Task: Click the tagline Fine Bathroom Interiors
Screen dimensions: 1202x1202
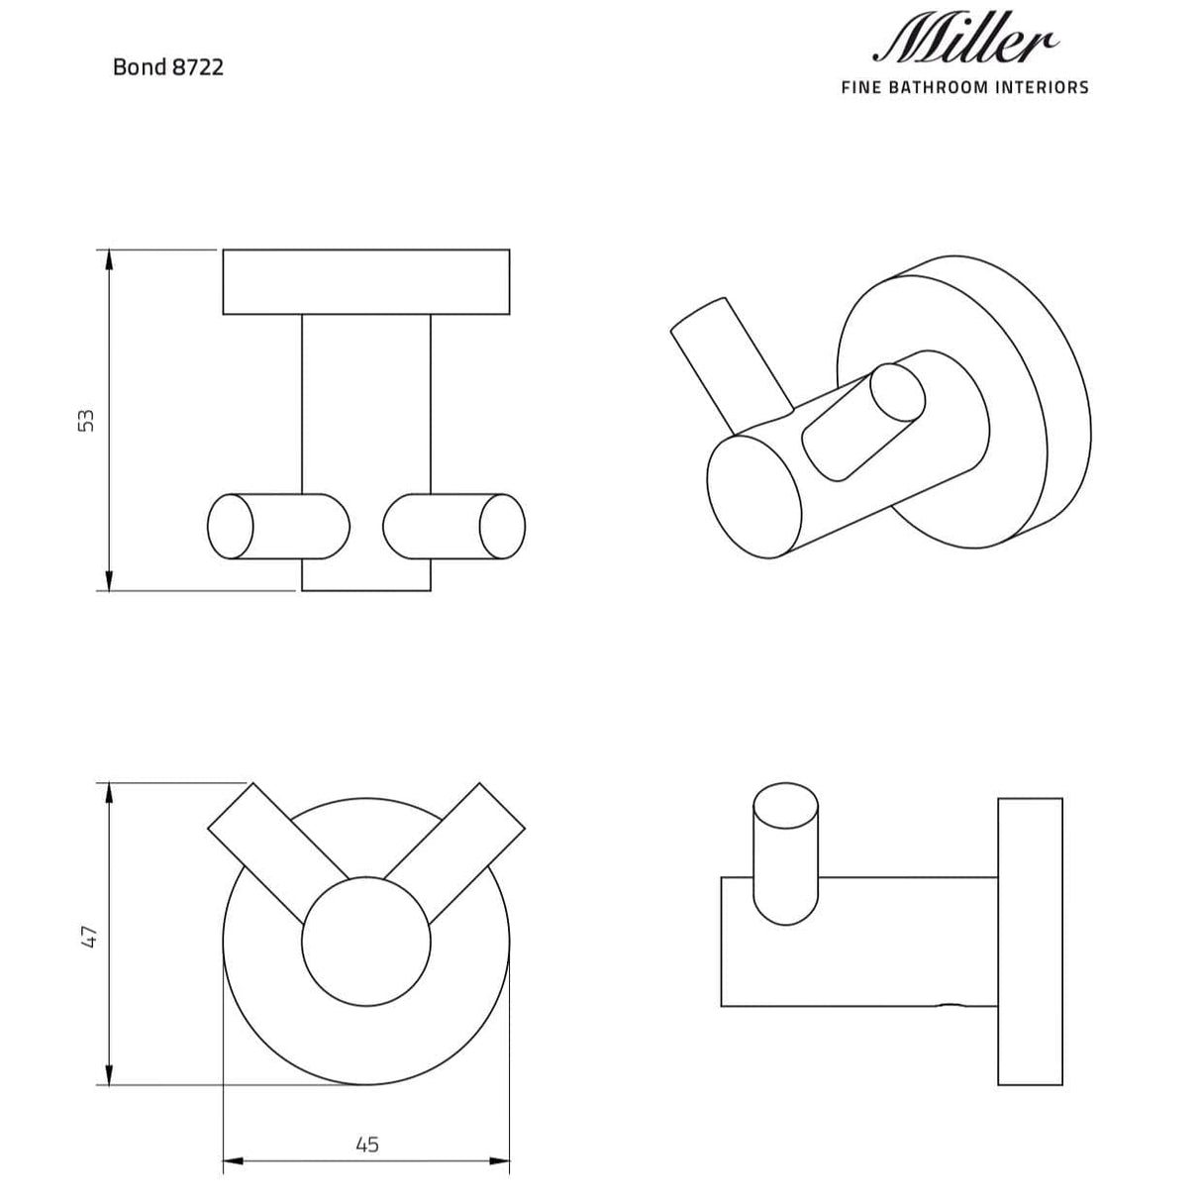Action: [964, 87]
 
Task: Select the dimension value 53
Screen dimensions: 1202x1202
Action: [87, 420]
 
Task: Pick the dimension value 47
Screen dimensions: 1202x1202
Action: [87, 936]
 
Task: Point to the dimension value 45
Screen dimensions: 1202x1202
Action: [366, 1145]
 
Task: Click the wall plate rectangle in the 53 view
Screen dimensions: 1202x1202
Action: [366, 282]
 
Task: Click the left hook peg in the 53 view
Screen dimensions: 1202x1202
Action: [278, 526]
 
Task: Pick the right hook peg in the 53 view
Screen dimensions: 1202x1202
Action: [454, 526]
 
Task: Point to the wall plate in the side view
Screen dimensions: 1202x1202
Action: [1030, 941]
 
